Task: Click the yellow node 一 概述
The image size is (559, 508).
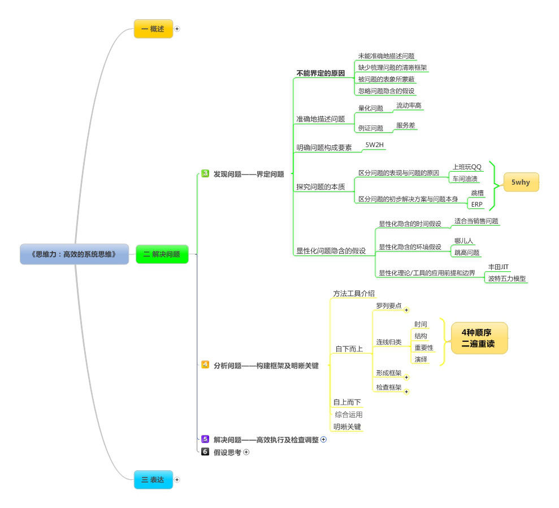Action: click(x=153, y=29)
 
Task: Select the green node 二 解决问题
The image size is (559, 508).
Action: click(x=162, y=254)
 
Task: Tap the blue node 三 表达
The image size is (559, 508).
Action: click(x=153, y=480)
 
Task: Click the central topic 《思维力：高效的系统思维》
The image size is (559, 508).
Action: click(x=74, y=254)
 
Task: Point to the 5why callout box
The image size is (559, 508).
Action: click(x=521, y=182)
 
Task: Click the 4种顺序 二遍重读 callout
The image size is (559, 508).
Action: click(x=478, y=338)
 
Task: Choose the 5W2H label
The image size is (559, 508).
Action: click(x=374, y=145)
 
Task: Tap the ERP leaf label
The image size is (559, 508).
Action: click(x=477, y=204)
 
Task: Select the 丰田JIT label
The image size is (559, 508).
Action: click(x=498, y=267)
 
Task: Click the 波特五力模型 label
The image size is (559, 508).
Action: click(x=506, y=278)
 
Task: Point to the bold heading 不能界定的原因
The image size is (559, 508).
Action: click(x=320, y=73)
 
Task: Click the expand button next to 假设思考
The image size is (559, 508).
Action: click(x=246, y=452)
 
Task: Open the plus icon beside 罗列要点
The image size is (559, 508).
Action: click(x=406, y=310)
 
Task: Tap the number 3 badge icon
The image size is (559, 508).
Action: click(x=205, y=173)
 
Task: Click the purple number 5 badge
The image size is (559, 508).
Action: click(x=205, y=439)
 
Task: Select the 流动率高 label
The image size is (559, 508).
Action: click(x=409, y=106)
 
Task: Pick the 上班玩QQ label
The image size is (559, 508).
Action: click(x=467, y=167)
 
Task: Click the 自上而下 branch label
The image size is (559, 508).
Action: click(x=346, y=402)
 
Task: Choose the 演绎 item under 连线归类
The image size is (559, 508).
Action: click(x=421, y=359)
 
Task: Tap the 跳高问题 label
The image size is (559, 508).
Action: click(x=467, y=252)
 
